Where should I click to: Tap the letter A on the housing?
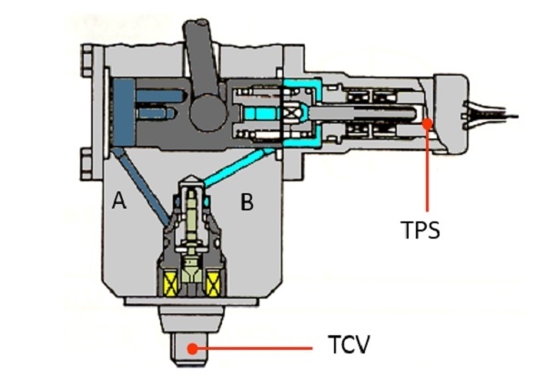click(119, 201)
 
